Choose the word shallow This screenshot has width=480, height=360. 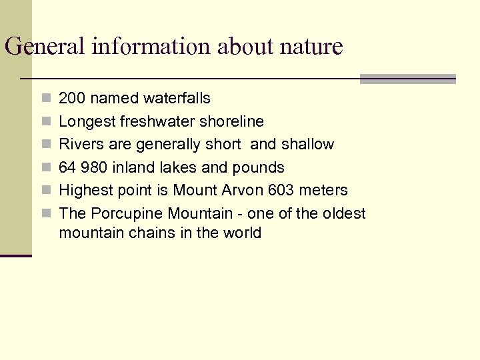pos(309,144)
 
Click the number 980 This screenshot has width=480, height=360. pos(96,167)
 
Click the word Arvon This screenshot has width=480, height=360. pos(242,190)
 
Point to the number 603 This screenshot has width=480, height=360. pos(281,190)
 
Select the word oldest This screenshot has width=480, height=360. pos(343,213)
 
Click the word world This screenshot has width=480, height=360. pos(241,233)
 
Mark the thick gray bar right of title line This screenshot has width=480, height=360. pos(407,79)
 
